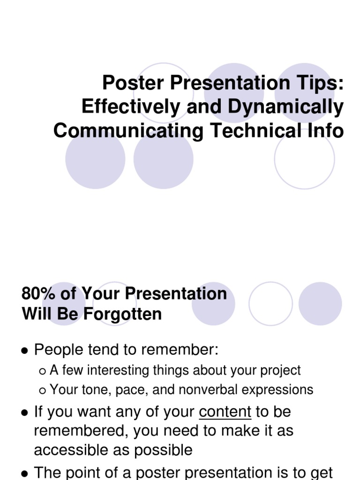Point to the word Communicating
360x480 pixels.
[128, 130]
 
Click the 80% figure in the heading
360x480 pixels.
[38, 294]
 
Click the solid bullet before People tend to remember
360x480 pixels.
[24, 351]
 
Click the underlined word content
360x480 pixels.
[225, 412]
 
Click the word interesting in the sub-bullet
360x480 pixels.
[120, 370]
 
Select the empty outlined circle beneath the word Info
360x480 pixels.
[304, 159]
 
